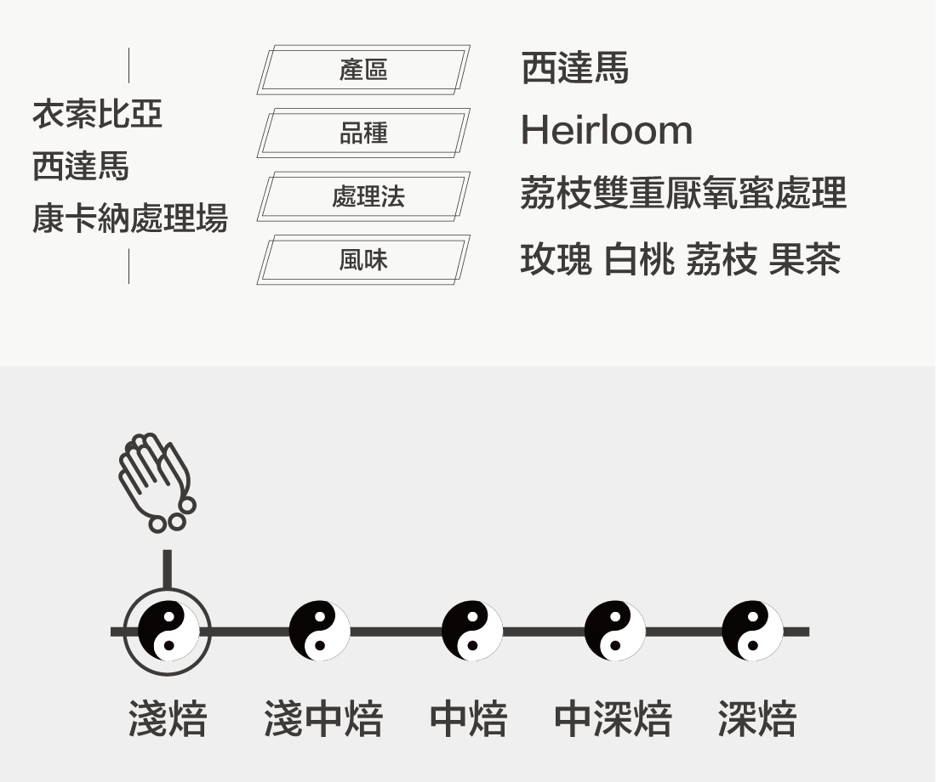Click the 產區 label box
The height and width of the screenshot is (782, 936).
pyautogui.click(x=363, y=69)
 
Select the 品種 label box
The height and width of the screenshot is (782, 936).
pyautogui.click(x=363, y=133)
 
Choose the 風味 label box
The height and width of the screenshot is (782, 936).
pyautogui.click(x=363, y=260)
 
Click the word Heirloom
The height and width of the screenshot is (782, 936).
pyautogui.click(x=606, y=131)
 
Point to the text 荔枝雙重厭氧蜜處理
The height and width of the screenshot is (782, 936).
pyautogui.click(x=682, y=194)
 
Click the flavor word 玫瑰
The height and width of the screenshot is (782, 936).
pyautogui.click(x=556, y=259)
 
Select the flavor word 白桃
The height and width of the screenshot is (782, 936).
pyautogui.click(x=638, y=259)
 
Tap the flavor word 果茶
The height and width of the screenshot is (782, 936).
pyautogui.click(x=804, y=259)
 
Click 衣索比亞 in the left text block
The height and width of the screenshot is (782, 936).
pyautogui.click(x=97, y=114)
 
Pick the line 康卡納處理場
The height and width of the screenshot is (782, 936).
pyautogui.click(x=130, y=218)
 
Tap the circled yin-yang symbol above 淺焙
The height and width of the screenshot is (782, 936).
pyautogui.click(x=168, y=631)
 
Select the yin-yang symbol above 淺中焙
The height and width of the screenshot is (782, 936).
pyautogui.click(x=319, y=631)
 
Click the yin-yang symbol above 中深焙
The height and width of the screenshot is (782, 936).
pyautogui.click(x=614, y=631)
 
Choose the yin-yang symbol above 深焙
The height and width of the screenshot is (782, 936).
pyautogui.click(x=752, y=631)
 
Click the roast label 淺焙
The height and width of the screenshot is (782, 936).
pyautogui.click(x=168, y=719)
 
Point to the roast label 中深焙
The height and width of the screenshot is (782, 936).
pyautogui.click(x=613, y=719)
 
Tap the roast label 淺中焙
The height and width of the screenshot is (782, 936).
pyautogui.click(x=322, y=719)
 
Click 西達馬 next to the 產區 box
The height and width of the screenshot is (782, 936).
pyautogui.click(x=574, y=68)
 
